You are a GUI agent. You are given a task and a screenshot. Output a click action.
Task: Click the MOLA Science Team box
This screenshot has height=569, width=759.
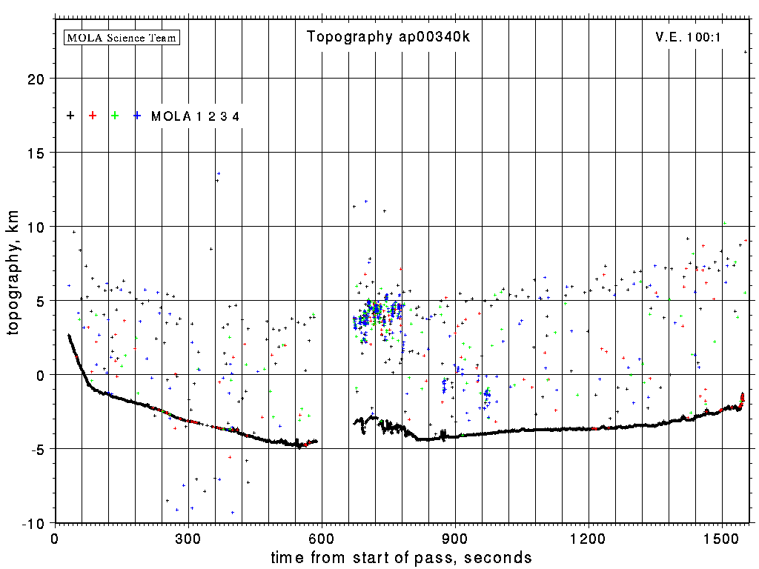[122, 37]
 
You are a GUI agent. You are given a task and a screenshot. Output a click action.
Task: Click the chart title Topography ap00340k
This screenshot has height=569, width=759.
[388, 37]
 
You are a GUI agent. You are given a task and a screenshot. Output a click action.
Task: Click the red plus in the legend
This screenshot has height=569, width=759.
[93, 116]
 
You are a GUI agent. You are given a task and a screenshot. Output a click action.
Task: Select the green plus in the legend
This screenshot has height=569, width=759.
[115, 116]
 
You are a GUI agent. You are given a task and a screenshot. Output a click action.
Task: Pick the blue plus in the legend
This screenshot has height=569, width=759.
[137, 116]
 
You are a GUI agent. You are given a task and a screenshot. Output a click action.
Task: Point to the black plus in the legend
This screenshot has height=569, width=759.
[70, 116]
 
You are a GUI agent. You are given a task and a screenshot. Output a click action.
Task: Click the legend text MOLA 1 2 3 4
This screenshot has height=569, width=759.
[195, 116]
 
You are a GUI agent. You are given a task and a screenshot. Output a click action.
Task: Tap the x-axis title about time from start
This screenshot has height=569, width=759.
[401, 557]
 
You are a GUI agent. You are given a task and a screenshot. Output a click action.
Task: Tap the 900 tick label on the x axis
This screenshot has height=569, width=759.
[455, 539]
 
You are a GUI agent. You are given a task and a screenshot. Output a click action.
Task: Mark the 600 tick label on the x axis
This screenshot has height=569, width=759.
[322, 539]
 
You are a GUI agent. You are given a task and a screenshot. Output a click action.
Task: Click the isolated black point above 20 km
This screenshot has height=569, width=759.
[746, 52]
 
